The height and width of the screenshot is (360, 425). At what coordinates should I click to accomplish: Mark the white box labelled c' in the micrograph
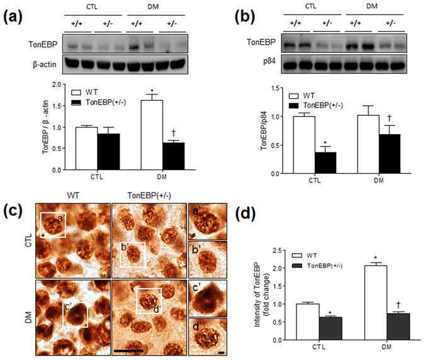tap(75, 308)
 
